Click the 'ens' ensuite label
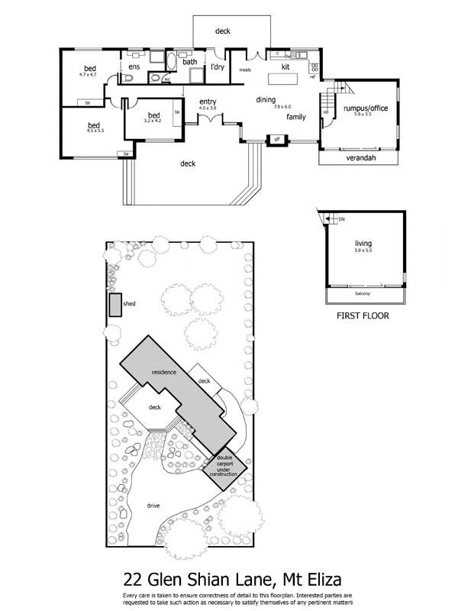134,67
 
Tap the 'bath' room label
190,62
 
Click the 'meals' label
246,69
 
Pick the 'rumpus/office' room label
366,108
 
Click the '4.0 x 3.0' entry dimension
208,108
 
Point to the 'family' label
296,118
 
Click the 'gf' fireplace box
276,139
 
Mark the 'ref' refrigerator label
312,77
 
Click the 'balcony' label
363,294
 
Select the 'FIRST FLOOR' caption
363,315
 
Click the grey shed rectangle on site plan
115,304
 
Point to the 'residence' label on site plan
163,372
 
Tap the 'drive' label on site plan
153,506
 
